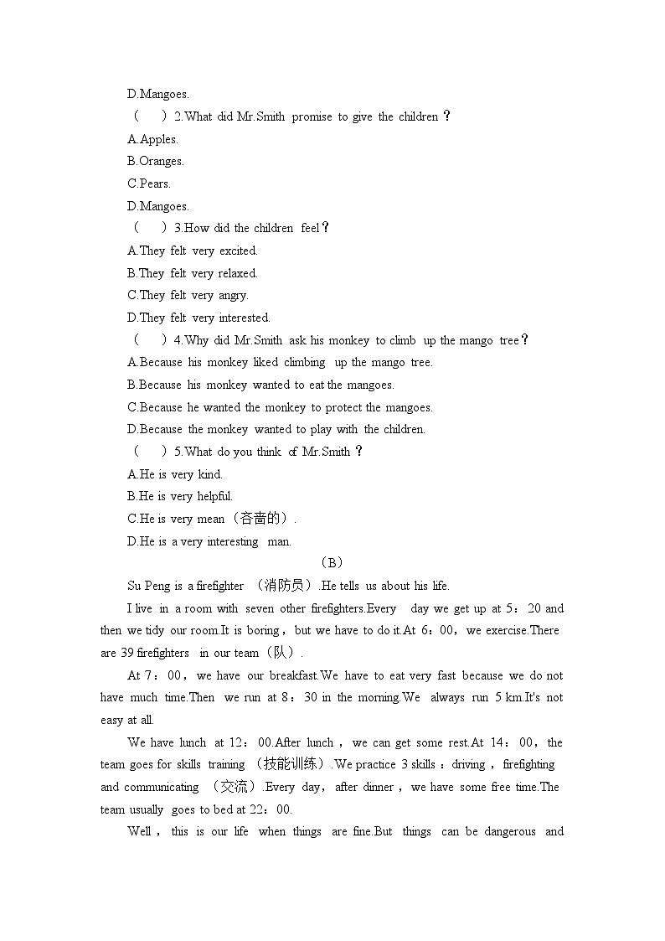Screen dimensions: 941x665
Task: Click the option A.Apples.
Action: click(x=152, y=139)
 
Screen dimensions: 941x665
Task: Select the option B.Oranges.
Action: click(x=155, y=161)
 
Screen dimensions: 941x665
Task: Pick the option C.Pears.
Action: click(x=148, y=184)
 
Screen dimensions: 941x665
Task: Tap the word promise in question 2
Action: click(x=312, y=116)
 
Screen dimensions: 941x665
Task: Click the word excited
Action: click(x=238, y=251)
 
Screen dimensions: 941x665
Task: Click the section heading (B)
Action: click(x=332, y=563)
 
